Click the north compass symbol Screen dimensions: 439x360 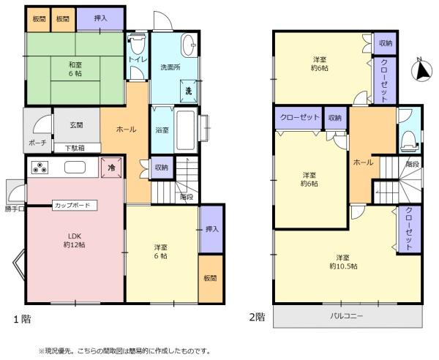coord(421,70)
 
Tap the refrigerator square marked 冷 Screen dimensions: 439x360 coord(111,168)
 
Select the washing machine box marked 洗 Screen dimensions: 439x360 coord(189,91)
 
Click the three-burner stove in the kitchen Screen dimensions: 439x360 coord(40,168)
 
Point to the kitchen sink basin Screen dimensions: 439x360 coord(75,168)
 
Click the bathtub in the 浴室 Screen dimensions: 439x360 coord(185,130)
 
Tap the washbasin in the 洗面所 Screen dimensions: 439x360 coord(190,45)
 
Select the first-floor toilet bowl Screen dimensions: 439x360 coord(138,45)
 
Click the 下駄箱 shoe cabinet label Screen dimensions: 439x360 coord(75,148)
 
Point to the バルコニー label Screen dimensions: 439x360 coord(347,316)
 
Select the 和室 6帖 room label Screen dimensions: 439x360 coord(75,69)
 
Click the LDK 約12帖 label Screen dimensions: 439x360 coord(75,240)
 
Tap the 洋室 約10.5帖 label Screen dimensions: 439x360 coord(343,261)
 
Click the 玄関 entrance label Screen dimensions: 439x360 coord(76,125)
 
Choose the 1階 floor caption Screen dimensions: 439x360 coord(23,319)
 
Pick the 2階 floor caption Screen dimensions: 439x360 coord(257,317)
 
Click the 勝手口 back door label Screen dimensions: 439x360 coord(15,209)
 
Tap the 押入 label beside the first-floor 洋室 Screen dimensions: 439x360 coord(212,229)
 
